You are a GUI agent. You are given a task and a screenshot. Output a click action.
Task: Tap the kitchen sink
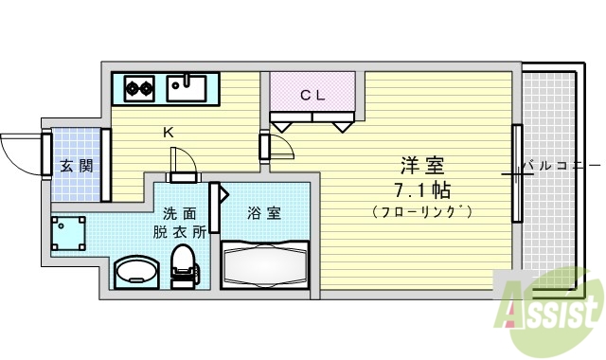187,88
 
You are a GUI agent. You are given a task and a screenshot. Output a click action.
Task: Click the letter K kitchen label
168,133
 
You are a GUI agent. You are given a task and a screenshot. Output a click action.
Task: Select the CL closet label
312,95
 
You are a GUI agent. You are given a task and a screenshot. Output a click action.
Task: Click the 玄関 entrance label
76,166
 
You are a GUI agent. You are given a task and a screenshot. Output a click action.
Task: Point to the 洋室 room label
421,164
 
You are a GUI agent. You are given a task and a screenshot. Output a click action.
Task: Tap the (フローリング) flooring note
422,209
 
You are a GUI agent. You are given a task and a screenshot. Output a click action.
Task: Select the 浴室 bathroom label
263,212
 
